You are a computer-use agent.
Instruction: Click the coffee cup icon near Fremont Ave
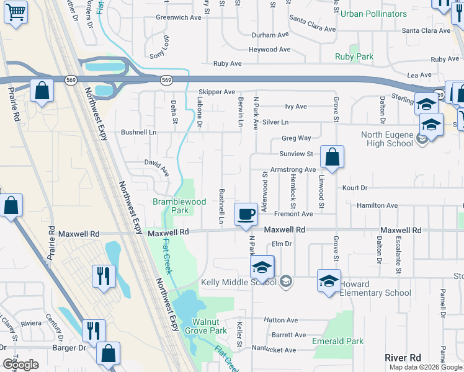point(246,214)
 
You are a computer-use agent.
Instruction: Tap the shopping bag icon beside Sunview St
point(332,157)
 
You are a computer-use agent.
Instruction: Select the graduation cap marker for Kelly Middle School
point(262,267)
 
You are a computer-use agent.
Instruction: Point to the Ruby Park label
point(354,56)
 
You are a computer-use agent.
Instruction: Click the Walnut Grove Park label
point(209,326)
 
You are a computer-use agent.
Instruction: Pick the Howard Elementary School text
point(375,288)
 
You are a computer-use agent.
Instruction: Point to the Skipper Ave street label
point(218,92)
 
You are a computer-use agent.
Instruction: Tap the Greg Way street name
point(296,138)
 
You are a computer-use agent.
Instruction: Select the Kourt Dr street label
point(354,187)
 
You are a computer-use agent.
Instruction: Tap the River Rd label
point(403,358)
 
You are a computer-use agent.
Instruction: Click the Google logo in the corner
point(20,365)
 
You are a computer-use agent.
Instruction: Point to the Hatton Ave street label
point(281,320)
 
